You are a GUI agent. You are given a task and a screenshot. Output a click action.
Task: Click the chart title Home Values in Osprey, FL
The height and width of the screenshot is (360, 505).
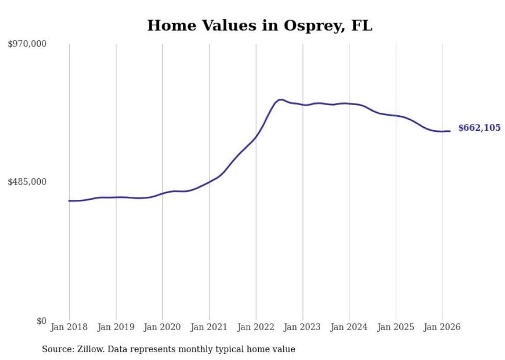pyautogui.click(x=259, y=26)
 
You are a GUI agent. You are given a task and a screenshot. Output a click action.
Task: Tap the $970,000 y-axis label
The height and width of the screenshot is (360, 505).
pyautogui.click(x=27, y=44)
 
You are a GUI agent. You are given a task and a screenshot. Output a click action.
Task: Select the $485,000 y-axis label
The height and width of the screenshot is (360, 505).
pyautogui.click(x=27, y=182)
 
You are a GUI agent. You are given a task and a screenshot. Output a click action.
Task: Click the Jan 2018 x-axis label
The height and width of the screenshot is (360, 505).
pyautogui.click(x=69, y=328)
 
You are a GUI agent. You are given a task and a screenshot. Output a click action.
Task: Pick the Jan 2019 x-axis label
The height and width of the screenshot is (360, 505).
pyautogui.click(x=116, y=328)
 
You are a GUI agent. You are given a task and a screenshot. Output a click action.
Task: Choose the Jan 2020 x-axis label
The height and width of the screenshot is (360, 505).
pyautogui.click(x=162, y=328)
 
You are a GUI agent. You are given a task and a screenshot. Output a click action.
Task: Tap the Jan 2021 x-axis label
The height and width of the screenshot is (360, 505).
pyautogui.click(x=209, y=328)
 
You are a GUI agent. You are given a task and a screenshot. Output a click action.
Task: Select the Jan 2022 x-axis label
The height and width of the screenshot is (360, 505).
pyautogui.click(x=256, y=328)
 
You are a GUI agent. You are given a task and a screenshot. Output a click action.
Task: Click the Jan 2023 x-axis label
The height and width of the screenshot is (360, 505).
pyautogui.click(x=302, y=328)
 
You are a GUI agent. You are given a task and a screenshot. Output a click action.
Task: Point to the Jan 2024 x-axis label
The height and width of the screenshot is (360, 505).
pyautogui.click(x=349, y=328)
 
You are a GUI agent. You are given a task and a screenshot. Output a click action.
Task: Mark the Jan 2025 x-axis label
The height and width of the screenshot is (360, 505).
pyautogui.click(x=396, y=328)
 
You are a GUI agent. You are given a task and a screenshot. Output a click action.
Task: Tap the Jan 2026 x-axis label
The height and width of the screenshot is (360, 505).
pyautogui.click(x=442, y=328)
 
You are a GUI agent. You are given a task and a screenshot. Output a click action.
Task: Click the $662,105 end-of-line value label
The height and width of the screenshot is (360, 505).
pyautogui.click(x=479, y=128)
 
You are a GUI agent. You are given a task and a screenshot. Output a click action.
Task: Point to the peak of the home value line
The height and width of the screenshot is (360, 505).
pyautogui.click(x=280, y=99)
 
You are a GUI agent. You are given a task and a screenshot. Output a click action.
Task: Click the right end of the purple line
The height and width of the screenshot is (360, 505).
pyautogui.click(x=450, y=131)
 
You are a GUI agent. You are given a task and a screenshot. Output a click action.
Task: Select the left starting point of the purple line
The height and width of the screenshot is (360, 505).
pyautogui.click(x=69, y=201)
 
